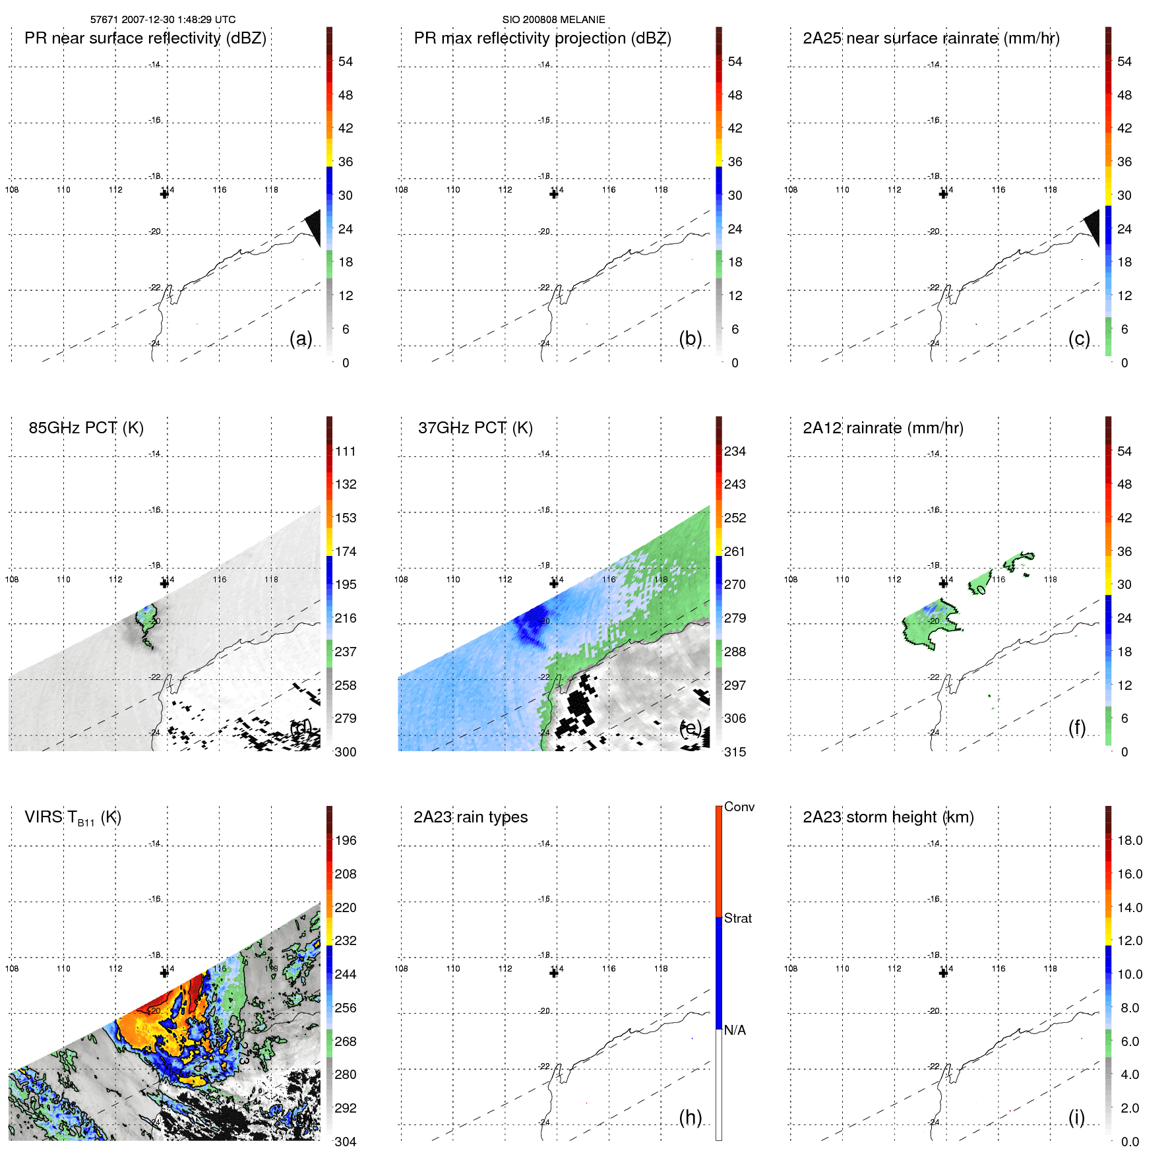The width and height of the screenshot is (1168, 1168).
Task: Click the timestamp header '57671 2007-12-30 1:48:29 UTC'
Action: point(162,20)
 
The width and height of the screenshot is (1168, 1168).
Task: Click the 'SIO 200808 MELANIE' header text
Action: point(553,20)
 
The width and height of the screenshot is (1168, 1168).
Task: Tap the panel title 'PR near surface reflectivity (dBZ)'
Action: point(145,38)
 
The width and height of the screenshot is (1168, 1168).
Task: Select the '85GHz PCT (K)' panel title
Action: point(86,428)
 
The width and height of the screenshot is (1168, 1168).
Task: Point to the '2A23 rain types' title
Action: point(470,817)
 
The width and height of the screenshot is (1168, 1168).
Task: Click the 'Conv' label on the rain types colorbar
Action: point(739,807)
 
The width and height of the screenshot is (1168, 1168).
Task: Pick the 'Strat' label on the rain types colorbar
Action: point(737,918)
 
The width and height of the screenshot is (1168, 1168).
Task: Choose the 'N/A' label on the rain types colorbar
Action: point(735,1030)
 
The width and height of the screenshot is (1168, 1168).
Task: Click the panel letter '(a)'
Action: point(301,338)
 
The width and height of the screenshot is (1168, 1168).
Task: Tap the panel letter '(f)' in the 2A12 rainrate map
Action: point(1076,727)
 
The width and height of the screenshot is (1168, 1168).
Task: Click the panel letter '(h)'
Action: point(690,1117)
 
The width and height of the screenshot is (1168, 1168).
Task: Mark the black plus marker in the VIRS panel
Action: point(164,973)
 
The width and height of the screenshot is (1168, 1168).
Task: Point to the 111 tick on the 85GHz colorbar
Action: point(345,451)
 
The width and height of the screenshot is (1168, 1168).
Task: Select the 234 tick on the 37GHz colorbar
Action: point(735,451)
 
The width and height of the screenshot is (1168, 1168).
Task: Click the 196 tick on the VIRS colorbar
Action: point(345,840)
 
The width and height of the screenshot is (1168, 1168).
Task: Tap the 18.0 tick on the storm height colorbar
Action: point(1129,840)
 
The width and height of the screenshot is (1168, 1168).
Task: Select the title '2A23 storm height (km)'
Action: point(888,817)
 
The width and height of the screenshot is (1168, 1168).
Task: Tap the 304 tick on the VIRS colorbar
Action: point(345,1142)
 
